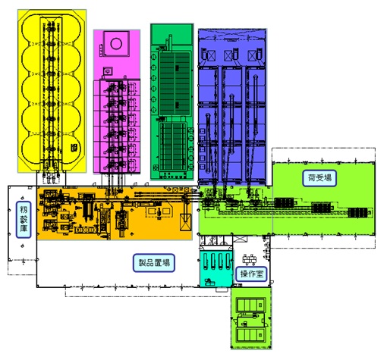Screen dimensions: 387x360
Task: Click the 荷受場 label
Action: [319, 178]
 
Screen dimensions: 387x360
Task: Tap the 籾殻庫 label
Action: [24, 220]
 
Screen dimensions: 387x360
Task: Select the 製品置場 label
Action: [154, 263]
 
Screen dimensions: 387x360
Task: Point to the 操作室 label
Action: [251, 274]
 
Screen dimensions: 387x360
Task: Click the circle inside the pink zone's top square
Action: [116, 43]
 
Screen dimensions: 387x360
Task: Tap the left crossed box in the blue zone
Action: [210, 55]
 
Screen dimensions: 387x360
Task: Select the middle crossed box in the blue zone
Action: [228, 55]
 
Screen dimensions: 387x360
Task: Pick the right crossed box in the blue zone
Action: [252, 55]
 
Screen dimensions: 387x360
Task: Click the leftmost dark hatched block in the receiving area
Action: [284, 202]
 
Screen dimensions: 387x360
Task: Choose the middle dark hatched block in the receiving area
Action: [321, 207]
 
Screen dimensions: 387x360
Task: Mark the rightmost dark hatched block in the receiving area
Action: [357, 213]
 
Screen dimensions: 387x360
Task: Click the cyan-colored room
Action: [216, 269]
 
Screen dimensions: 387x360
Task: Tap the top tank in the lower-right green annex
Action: [250, 305]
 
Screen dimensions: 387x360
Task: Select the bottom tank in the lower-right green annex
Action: [250, 335]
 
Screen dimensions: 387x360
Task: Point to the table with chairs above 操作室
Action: [249, 259]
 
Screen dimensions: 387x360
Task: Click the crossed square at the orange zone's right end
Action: [186, 222]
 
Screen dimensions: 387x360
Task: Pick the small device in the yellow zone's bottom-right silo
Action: [74, 148]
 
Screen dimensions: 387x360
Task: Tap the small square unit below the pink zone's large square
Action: [108, 71]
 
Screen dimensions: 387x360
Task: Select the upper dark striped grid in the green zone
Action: [175, 84]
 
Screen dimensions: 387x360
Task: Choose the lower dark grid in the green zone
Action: [173, 147]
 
